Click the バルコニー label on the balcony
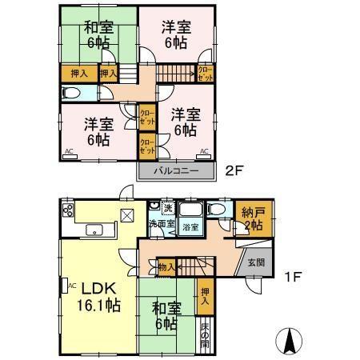point(177,170)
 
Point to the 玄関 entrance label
point(255,262)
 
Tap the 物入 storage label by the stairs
point(166,266)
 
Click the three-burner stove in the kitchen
point(67,212)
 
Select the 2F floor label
point(233,170)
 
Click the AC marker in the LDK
point(71,284)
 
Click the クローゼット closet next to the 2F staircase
point(206,73)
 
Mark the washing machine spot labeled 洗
point(168,209)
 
